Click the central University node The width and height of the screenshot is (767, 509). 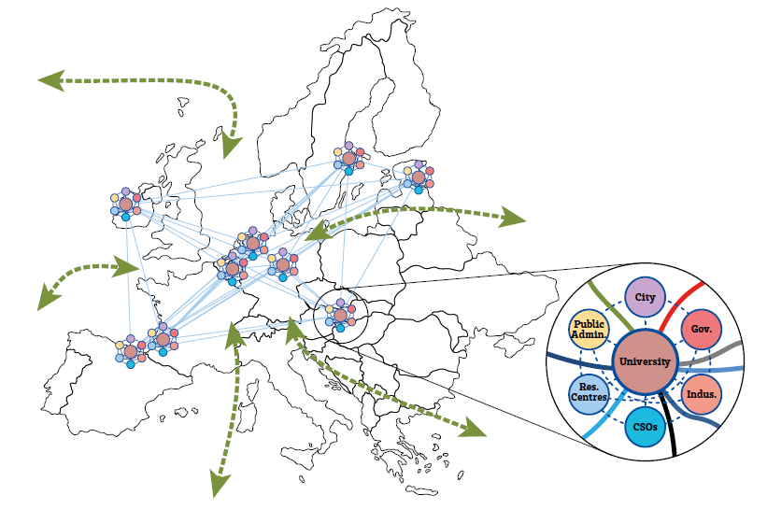pos(646,361)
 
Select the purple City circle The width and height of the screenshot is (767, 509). pos(645,298)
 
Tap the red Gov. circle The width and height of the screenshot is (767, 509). pos(703,330)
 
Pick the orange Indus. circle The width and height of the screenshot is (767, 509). pos(701,393)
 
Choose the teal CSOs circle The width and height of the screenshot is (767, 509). pos(645,427)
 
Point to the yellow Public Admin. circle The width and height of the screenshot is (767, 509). pos(589,328)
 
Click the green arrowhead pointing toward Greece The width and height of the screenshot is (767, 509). pos(476,430)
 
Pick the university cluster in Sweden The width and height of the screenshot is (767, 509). pos(348,160)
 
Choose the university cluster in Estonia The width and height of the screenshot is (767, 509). pos(419,177)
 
